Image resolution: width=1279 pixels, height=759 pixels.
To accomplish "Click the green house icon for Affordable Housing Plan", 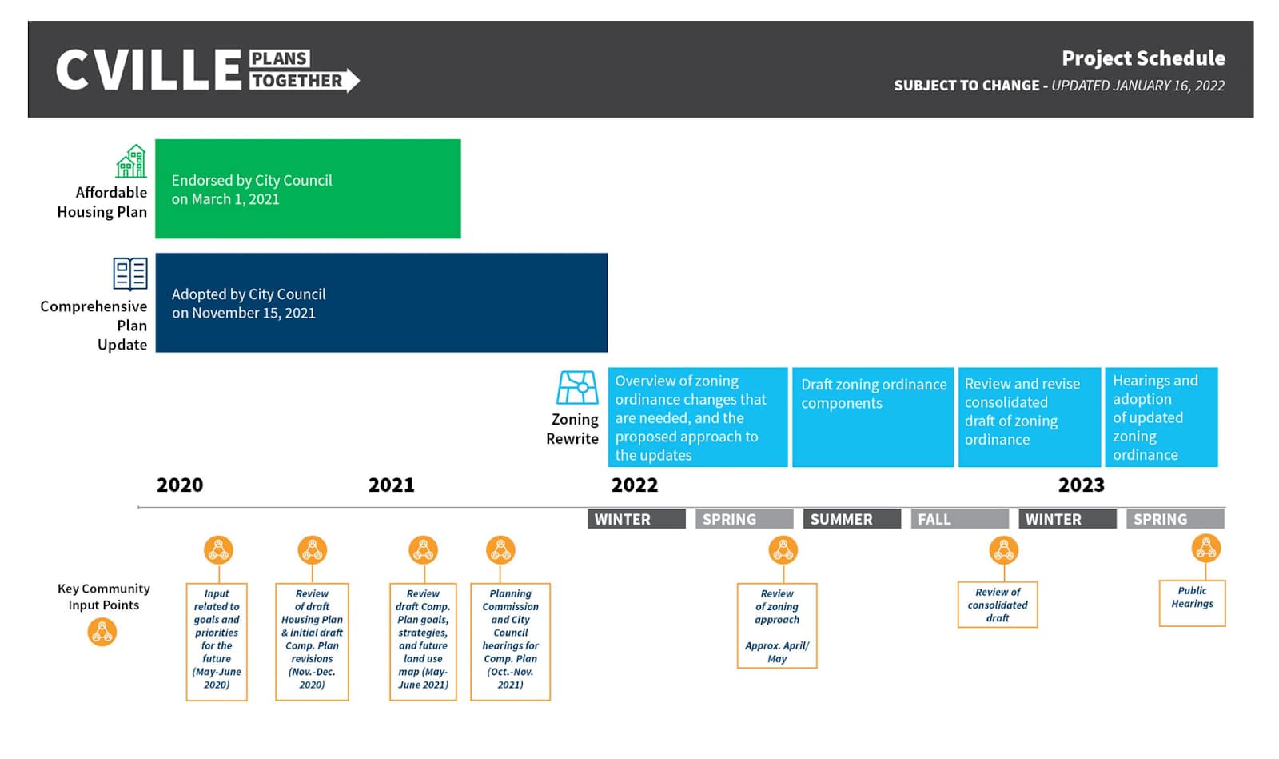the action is (131, 161).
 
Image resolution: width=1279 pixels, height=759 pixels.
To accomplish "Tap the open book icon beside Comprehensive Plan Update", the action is (130, 274).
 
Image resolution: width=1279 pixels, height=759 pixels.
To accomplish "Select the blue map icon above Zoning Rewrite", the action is (577, 388).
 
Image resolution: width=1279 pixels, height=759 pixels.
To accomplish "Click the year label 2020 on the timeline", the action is (180, 485).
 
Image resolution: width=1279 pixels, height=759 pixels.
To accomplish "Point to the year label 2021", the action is (391, 485).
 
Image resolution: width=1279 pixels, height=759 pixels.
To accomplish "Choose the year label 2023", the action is (1082, 485).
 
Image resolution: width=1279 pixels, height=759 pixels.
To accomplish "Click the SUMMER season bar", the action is (852, 519).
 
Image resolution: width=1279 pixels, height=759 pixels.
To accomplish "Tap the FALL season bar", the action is (960, 519).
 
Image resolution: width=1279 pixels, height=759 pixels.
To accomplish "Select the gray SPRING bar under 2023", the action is (1175, 519).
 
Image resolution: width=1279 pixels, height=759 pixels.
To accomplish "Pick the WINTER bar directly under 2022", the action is (636, 519).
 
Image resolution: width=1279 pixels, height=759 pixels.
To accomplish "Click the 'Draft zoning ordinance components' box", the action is (873, 417).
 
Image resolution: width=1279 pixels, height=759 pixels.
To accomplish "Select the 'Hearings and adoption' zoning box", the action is (1161, 417).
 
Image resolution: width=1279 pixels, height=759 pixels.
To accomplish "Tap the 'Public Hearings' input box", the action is (1192, 603).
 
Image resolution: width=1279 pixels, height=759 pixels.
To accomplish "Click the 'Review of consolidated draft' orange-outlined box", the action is (998, 605).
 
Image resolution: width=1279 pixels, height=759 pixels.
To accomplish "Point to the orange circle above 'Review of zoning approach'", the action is (783, 550).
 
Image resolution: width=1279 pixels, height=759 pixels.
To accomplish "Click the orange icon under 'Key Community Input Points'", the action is (102, 632).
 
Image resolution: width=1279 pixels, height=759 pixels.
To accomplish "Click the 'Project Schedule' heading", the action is (1143, 58).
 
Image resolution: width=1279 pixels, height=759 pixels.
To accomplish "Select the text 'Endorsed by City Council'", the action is (252, 181).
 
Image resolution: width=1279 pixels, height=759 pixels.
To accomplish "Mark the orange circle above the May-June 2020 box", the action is (219, 550).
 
